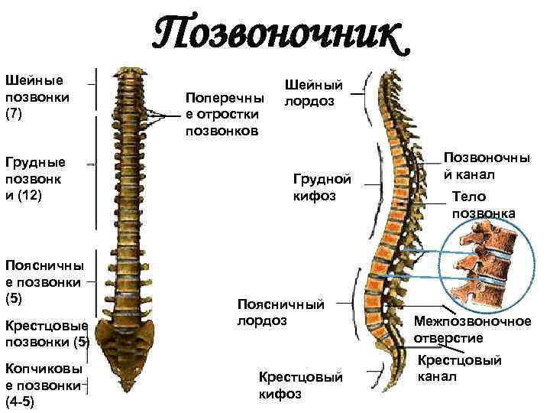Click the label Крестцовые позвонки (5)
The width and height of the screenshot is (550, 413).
(47, 333)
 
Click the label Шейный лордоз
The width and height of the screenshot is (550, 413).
(313, 93)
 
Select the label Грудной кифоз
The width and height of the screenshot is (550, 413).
(322, 187)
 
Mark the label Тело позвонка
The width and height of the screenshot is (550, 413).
(483, 204)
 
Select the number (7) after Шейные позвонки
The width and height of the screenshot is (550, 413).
(16, 114)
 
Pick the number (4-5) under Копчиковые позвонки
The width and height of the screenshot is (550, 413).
(18, 401)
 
